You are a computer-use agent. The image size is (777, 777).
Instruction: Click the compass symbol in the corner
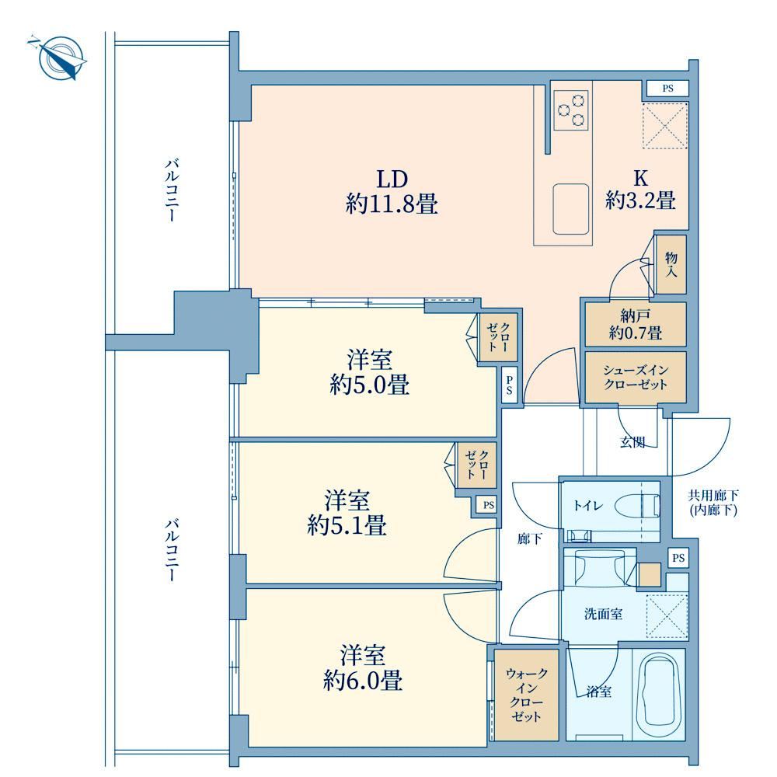tap(58, 57)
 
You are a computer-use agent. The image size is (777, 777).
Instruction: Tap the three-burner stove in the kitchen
tap(571, 110)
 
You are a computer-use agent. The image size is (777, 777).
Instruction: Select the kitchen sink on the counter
tap(571, 208)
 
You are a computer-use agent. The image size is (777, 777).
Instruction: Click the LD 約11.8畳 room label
tap(392, 192)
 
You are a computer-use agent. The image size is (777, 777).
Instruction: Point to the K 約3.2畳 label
tap(640, 190)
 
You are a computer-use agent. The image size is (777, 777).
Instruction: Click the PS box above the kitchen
tap(667, 89)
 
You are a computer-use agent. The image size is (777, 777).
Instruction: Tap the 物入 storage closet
tap(671, 265)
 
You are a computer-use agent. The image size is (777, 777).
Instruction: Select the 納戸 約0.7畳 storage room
tap(636, 324)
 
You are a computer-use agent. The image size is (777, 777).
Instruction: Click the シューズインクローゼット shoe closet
tap(636, 377)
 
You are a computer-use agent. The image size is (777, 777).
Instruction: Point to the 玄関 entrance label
tap(632, 442)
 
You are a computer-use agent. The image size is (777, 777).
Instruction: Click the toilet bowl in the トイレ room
tap(637, 507)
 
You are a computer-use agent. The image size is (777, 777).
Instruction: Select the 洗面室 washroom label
tap(603, 615)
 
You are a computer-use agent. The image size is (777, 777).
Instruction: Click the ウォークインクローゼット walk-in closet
tap(526, 695)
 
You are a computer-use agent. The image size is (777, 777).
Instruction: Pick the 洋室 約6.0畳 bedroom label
tap(363, 668)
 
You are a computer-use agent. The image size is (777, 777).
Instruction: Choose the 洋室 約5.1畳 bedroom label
tap(347, 513)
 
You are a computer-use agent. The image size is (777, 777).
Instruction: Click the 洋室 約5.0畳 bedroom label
tap(370, 372)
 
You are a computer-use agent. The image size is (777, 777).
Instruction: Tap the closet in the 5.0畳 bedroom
tap(498, 337)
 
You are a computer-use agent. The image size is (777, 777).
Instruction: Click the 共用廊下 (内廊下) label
tap(713, 503)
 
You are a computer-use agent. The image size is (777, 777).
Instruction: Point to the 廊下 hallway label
tap(529, 538)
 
